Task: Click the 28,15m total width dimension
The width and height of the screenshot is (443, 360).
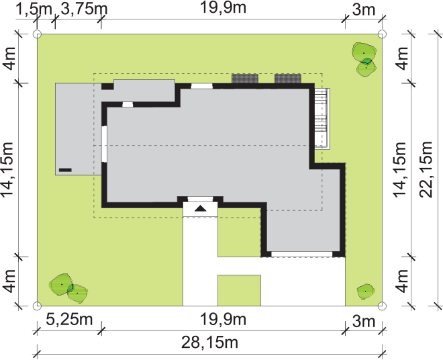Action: [209, 343]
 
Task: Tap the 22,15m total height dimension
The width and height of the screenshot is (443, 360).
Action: [426, 170]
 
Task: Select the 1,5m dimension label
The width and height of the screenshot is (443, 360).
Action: [34, 9]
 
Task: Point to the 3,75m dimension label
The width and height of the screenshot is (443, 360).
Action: [84, 9]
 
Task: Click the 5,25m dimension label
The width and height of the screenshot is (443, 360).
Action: [69, 320]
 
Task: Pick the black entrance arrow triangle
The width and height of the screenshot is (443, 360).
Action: [201, 209]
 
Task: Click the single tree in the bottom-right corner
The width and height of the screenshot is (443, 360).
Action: [366, 291]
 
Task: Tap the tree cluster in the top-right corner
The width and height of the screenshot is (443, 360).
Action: [364, 59]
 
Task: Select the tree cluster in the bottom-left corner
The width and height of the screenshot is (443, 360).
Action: [68, 288]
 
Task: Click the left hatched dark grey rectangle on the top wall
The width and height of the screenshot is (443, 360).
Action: [245, 79]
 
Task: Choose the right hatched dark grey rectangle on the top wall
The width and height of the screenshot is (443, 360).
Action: [288, 79]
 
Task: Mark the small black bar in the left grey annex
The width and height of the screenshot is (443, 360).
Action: [65, 170]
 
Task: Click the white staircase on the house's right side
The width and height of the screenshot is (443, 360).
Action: [322, 118]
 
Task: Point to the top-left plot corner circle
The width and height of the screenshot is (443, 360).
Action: [38, 34]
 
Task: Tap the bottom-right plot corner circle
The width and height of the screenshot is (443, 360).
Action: [382, 306]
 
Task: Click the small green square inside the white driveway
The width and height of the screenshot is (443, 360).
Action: [239, 290]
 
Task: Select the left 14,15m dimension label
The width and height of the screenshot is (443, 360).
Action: [7, 170]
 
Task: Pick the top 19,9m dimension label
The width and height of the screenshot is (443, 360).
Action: [223, 7]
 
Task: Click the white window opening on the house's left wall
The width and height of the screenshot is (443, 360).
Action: [104, 144]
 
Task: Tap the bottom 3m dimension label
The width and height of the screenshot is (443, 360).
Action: [364, 322]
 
